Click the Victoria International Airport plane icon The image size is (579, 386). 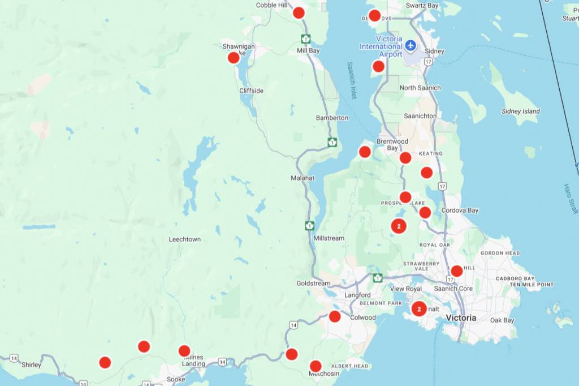tap(411, 45)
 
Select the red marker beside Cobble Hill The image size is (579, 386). tap(299, 12)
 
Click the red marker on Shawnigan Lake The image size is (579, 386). tap(234, 57)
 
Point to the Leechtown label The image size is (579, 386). tap(184, 239)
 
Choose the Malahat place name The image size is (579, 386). tap(303, 178)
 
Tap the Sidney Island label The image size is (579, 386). tap(520, 111)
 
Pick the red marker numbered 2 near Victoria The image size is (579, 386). tap(418, 309)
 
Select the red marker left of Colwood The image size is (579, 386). tap(335, 316)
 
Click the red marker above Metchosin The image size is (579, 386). tap(316, 366)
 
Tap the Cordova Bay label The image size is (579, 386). tap(460, 211)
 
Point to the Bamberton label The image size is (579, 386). tap(332, 118)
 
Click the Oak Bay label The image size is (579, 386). tap(502, 320)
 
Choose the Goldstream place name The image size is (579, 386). tap(313, 283)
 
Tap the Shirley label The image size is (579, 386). tap(31, 365)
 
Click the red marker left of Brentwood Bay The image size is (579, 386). tap(365, 152)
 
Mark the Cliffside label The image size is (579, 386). tap(251, 91)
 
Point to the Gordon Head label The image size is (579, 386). tap(499, 253)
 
